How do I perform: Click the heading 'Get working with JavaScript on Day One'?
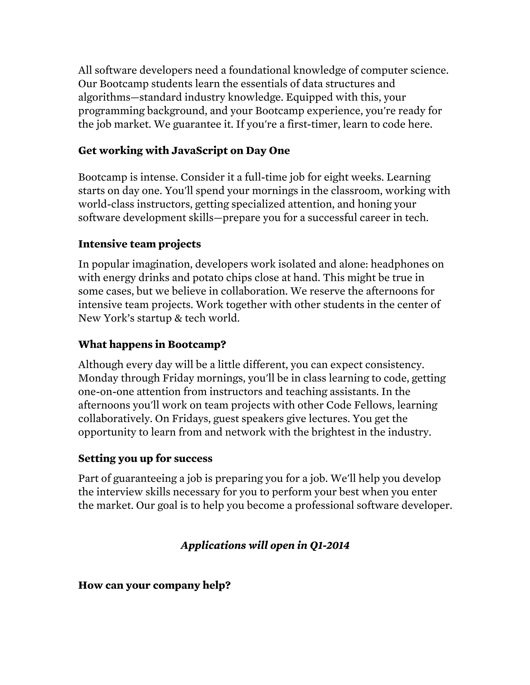pos(184,150)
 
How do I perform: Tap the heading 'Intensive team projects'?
pos(139,244)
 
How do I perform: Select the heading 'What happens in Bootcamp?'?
pos(152,344)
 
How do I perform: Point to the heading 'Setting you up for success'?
pos(145,458)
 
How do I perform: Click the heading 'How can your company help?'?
pos(154,585)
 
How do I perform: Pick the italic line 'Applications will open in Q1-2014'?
pos(265,545)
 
